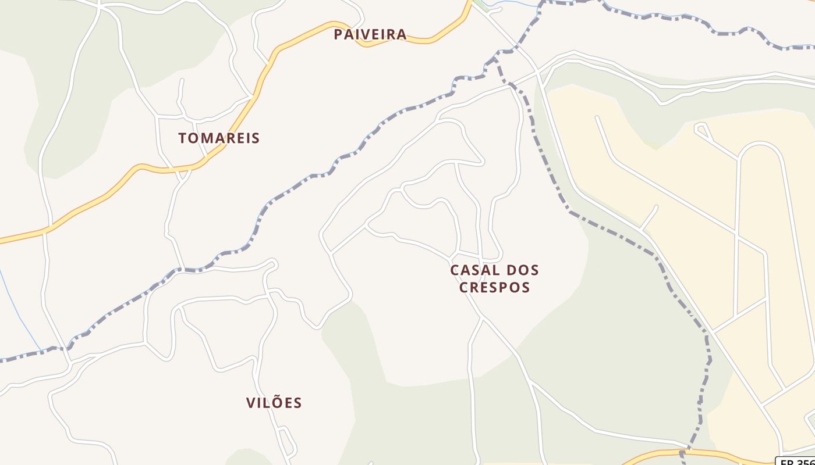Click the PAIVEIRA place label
point(370,34)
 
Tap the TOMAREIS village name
point(219,138)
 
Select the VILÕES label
point(274,403)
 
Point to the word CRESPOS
point(494,287)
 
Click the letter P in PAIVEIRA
point(338,34)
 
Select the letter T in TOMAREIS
point(183,138)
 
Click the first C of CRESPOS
point(464,287)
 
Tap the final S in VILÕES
point(297,403)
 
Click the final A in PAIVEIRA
point(402,34)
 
